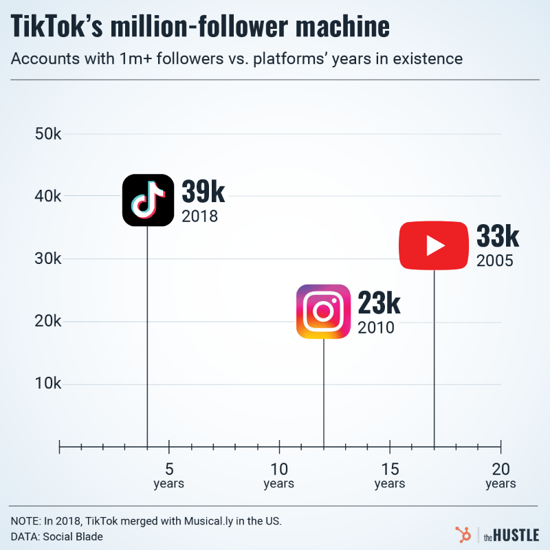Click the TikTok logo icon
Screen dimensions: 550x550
pyautogui.click(x=148, y=200)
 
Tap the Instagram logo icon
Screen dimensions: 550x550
pyautogui.click(x=324, y=311)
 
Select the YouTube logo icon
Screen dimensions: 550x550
pyautogui.click(x=434, y=245)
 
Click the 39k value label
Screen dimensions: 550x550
pyautogui.click(x=203, y=192)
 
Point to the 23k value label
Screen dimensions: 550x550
pyautogui.click(x=379, y=303)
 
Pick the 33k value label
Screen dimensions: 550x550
pyautogui.click(x=498, y=236)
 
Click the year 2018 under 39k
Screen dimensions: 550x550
pyautogui.click(x=199, y=216)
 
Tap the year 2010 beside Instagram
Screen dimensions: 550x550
pyautogui.click(x=375, y=327)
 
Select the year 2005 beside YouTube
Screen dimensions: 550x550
pyautogui.click(x=495, y=261)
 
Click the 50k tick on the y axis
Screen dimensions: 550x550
pyautogui.click(x=49, y=133)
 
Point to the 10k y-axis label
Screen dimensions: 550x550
pyautogui.click(x=49, y=384)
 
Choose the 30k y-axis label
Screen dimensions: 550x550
pyautogui.click(x=49, y=258)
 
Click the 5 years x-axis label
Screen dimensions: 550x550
pyautogui.click(x=168, y=476)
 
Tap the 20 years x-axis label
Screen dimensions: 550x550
pyautogui.click(x=500, y=476)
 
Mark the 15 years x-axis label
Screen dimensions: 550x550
pyautogui.click(x=390, y=476)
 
